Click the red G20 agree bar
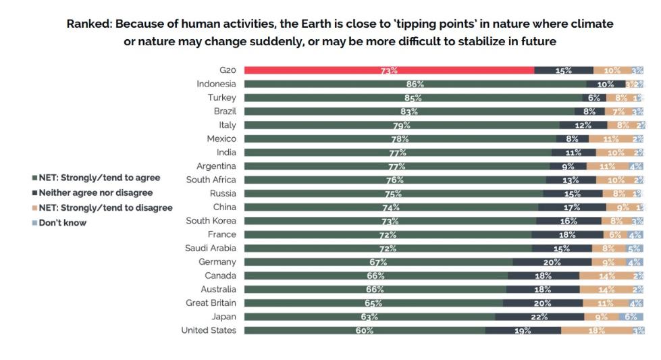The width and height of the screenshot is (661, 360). (x=388, y=70)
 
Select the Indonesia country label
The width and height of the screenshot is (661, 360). (x=216, y=84)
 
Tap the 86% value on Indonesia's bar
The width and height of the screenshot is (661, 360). (x=415, y=84)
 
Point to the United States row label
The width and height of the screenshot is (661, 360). (x=209, y=330)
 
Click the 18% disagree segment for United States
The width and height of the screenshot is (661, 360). (x=596, y=330)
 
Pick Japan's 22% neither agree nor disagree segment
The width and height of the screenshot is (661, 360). (x=539, y=317)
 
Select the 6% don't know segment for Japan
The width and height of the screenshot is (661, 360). (x=630, y=317)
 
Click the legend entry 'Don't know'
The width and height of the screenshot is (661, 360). (x=62, y=222)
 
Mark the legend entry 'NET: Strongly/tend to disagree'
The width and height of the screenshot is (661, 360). (x=103, y=207)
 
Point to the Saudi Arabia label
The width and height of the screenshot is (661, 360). (x=211, y=248)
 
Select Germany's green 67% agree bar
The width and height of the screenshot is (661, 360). (x=377, y=262)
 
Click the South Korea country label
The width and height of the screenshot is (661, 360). (x=211, y=221)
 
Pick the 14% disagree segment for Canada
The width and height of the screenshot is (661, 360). (x=606, y=276)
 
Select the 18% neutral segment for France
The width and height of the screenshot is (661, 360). (x=566, y=234)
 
